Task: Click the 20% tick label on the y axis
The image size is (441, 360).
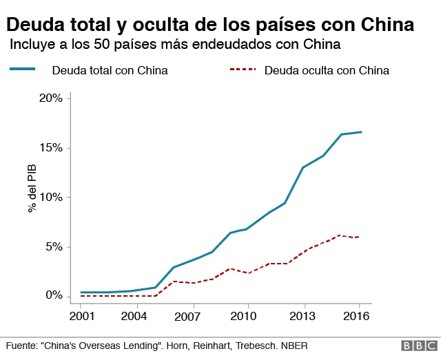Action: [50, 98]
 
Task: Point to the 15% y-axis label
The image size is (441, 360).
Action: [50, 148]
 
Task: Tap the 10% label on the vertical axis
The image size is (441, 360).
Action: [50, 198]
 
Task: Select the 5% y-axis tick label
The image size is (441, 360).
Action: [53, 247]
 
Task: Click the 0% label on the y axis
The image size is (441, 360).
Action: [53, 296]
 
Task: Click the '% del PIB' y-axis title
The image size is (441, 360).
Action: [32, 188]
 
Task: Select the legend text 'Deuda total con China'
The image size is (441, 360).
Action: [110, 70]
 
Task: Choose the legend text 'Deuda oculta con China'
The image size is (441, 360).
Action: [327, 70]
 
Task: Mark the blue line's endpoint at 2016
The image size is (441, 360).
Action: [361, 131]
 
